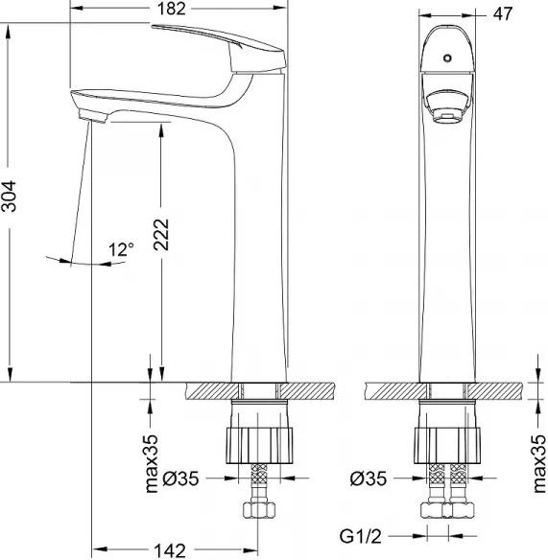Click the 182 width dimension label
coord(172,9)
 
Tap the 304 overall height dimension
coord(9,197)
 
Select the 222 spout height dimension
coord(161,234)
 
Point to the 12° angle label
coord(121,249)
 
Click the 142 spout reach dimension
coord(170,550)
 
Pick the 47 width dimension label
coord(503,14)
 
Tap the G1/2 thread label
coord(360,536)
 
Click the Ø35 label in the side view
coord(180,478)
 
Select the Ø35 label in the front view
coord(369,478)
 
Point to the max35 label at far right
coord(539,463)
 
